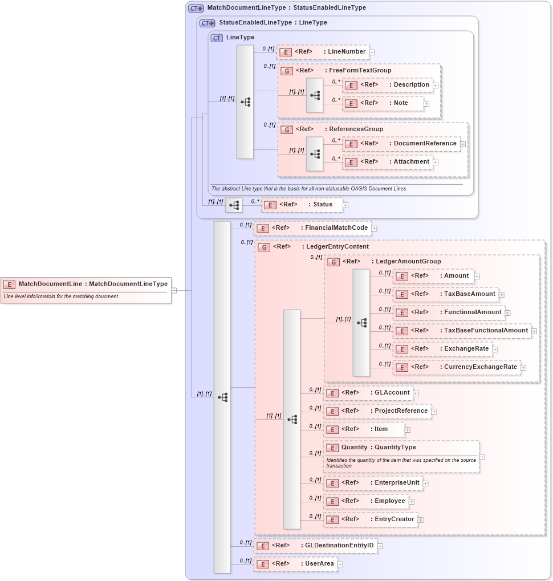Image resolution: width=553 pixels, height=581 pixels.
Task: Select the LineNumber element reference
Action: (323, 52)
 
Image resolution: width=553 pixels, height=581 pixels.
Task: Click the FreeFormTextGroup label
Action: (360, 71)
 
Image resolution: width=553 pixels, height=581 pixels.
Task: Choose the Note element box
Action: (383, 103)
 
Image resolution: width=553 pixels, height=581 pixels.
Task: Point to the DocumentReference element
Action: (401, 144)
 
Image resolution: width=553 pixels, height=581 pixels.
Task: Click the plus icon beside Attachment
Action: (436, 162)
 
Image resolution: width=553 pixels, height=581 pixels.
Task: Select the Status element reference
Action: (302, 205)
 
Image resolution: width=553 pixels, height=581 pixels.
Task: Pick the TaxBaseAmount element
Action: (446, 294)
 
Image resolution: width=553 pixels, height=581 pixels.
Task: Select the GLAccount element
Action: (368, 393)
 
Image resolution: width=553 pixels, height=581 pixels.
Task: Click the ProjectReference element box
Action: (377, 411)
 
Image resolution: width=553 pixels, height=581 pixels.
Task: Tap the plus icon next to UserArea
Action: (340, 564)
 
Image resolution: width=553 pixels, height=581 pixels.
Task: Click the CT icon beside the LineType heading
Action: (217, 38)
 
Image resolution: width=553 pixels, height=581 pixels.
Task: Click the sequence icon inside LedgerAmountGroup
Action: (361, 322)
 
